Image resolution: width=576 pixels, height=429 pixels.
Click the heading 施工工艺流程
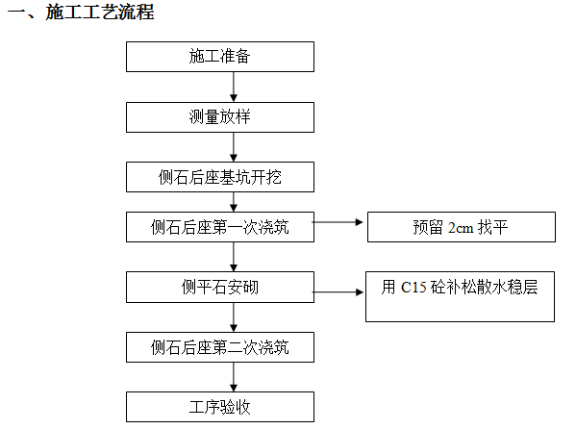100,13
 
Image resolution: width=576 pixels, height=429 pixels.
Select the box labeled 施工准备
220,57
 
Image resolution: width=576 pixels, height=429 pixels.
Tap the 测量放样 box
220,117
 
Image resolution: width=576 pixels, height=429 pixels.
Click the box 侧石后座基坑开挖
220,177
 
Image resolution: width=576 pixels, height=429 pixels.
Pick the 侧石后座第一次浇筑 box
220,227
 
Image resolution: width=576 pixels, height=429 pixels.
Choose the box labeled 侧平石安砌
220,287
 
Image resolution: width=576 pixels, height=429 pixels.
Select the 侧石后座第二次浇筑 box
220,347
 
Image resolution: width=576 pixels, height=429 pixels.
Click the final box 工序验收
220,407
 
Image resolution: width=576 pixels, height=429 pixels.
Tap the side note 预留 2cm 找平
462,227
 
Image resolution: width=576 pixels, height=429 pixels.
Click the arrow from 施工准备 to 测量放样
234,88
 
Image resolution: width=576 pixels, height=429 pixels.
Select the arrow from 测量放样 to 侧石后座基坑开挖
234,147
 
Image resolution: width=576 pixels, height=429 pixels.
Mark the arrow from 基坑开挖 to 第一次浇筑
234,202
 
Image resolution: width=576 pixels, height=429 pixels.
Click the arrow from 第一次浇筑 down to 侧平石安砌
234,257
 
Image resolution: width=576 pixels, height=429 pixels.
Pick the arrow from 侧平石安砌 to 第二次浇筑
234,317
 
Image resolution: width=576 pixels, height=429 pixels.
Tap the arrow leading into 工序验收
234,377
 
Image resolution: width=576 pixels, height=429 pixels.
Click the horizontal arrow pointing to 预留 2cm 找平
338,222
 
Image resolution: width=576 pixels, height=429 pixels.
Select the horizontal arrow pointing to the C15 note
338,292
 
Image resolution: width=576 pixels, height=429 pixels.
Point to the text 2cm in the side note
461,228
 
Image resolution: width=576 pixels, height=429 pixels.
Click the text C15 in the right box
413,287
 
